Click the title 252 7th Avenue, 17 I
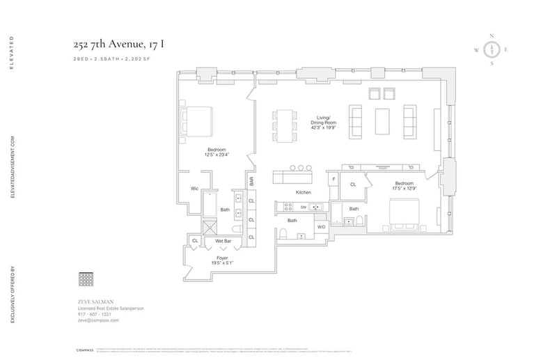(x=120, y=45)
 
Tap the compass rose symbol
(x=492, y=49)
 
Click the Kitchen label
(x=303, y=191)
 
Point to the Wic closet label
(x=195, y=189)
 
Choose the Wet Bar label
(x=223, y=242)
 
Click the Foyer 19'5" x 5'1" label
(x=222, y=259)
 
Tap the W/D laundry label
(x=322, y=227)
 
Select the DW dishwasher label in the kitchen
(x=303, y=207)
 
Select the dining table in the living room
(x=284, y=126)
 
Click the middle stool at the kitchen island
(x=301, y=168)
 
